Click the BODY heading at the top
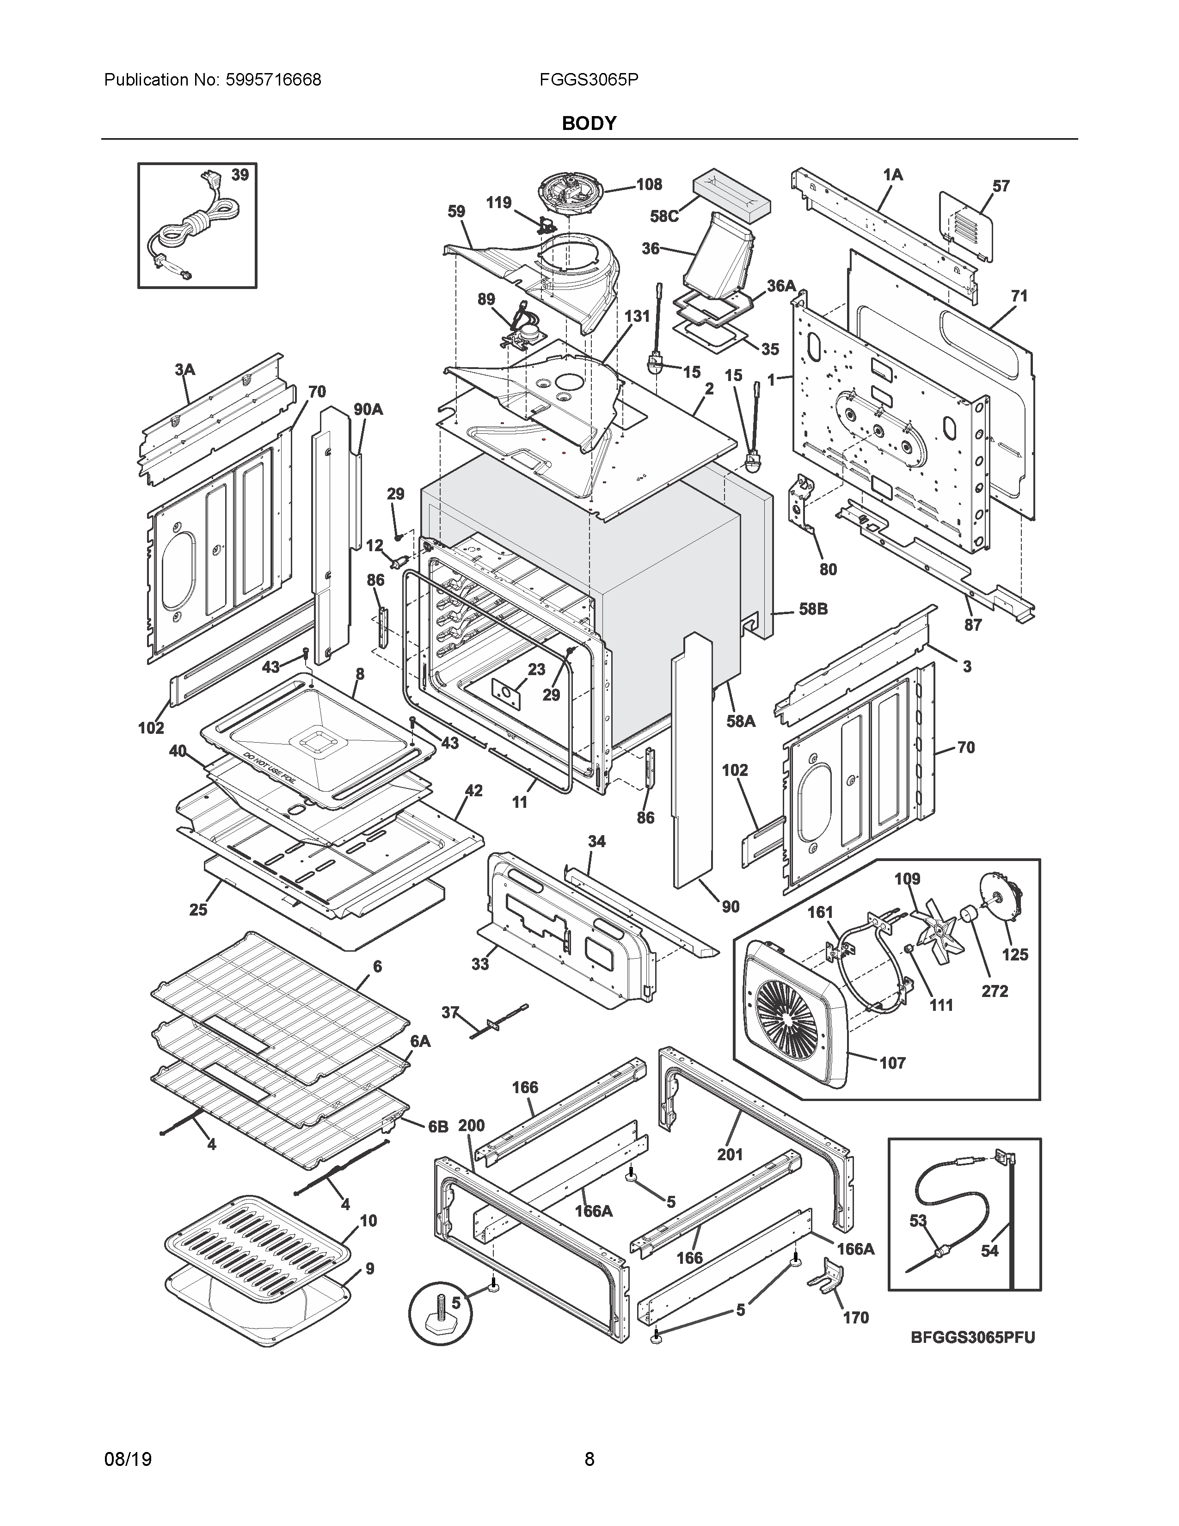point(589,123)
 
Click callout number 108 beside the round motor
point(649,185)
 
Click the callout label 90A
point(368,409)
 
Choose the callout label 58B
point(813,609)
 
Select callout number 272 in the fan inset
point(995,991)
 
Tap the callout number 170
point(856,1318)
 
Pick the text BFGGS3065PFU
point(972,1337)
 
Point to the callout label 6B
point(438,1127)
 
